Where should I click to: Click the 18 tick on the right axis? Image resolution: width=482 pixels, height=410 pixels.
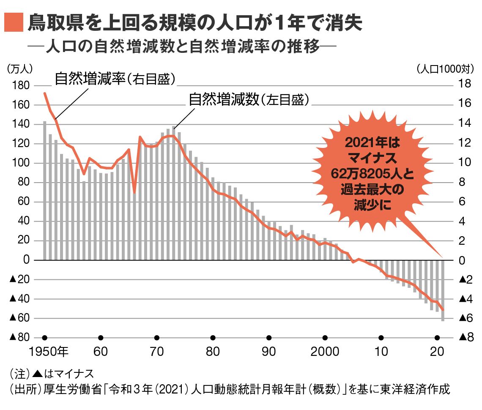pyautogui.click(x=465, y=86)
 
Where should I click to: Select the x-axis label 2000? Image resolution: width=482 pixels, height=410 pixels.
pyautogui.click(x=325, y=352)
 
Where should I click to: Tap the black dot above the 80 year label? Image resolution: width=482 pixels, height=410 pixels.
pyautogui.click(x=213, y=338)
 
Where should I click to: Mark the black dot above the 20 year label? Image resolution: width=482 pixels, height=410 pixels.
pyautogui.click(x=437, y=338)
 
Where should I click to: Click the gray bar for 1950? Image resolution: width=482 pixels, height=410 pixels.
pyautogui.click(x=44, y=190)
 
